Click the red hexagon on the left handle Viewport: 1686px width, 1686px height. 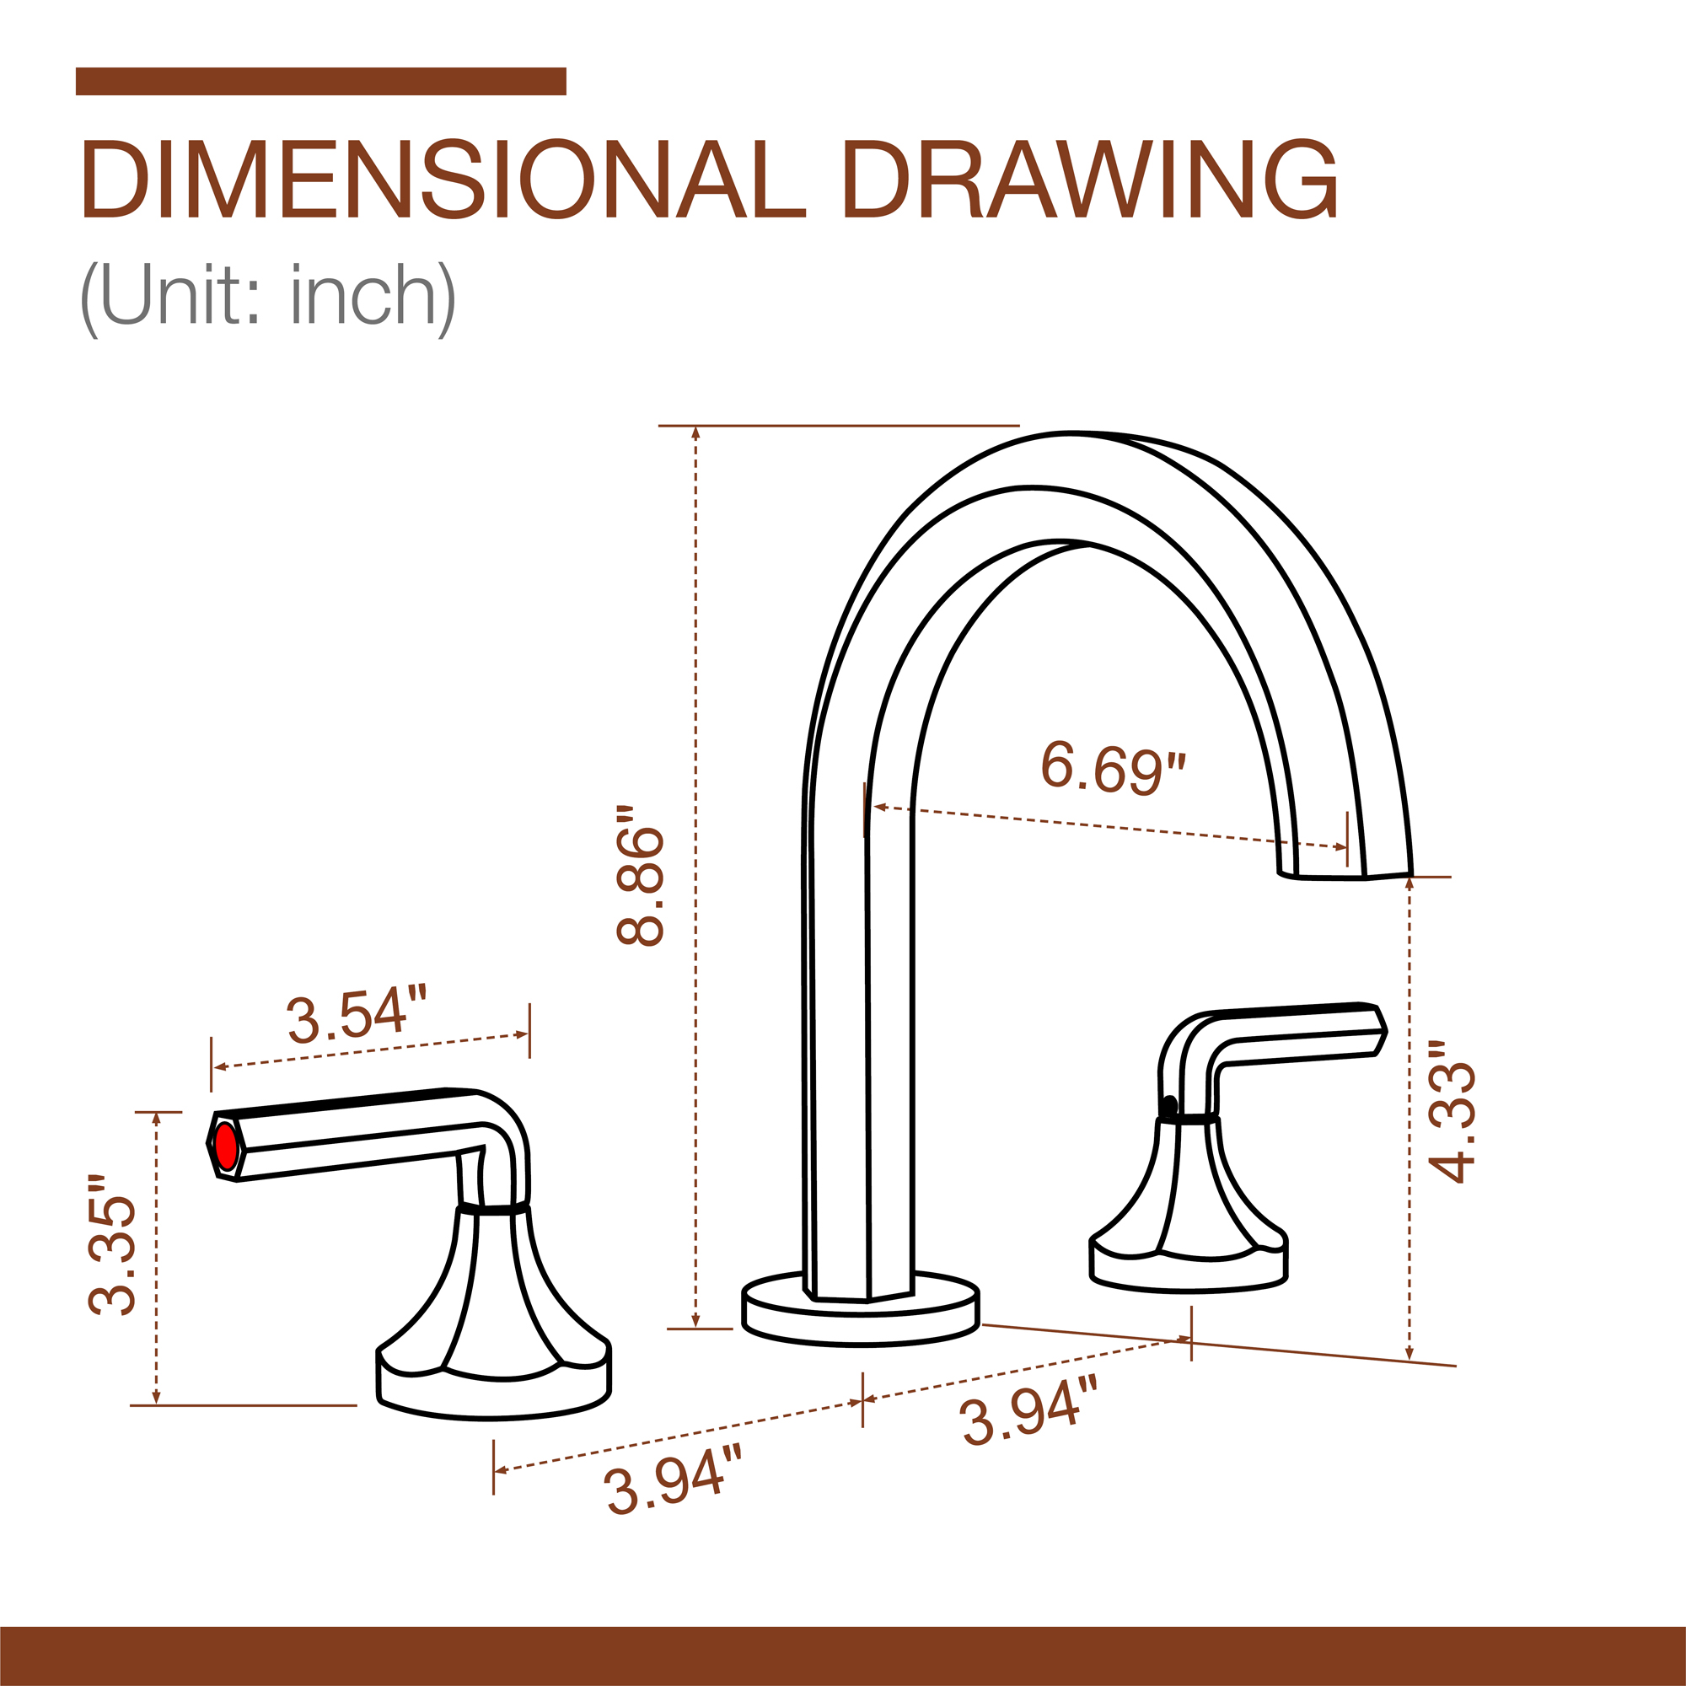[x=226, y=1146]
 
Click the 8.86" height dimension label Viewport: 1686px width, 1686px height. [x=640, y=875]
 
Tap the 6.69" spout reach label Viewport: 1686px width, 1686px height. [x=1113, y=766]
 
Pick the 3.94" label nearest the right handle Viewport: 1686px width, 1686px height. [x=1028, y=1410]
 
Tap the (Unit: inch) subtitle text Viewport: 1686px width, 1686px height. [x=267, y=296]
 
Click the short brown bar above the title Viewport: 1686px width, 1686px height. [x=320, y=80]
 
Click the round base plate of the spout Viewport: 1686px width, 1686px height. [x=860, y=1318]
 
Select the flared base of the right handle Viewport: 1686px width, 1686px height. [x=1189, y=1239]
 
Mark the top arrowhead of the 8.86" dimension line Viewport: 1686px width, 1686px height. [x=695, y=432]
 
